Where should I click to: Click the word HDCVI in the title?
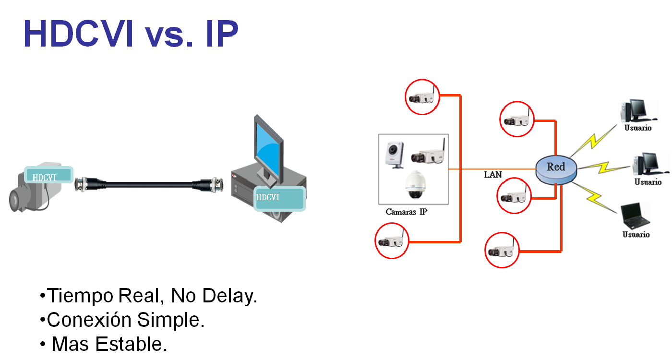point(78,34)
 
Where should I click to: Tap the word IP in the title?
point(221,34)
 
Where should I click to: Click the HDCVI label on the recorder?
point(280,198)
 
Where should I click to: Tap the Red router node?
point(556,168)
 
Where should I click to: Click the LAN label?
point(492,175)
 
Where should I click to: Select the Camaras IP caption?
point(406,212)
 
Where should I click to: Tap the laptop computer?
point(634,217)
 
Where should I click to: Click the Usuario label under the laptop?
point(636,235)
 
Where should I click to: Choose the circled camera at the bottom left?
point(392,241)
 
